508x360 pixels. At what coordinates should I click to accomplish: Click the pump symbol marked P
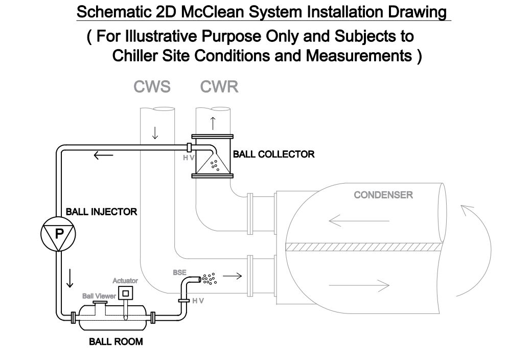click(x=58, y=234)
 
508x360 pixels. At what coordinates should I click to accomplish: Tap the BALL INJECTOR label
click(x=101, y=211)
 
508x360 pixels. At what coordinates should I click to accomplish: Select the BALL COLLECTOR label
click(x=273, y=154)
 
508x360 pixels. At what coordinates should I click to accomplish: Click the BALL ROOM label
click(x=116, y=342)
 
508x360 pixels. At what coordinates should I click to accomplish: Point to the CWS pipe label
click(x=152, y=87)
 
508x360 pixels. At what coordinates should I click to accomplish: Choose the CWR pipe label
click(x=220, y=87)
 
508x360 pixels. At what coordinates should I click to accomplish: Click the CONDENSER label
click(x=383, y=195)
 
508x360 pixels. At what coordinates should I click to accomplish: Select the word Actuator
click(x=125, y=281)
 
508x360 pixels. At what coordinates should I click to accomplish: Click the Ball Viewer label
click(x=99, y=296)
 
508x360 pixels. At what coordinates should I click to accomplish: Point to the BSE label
click(x=179, y=273)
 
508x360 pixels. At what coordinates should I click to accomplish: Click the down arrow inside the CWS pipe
click(x=155, y=133)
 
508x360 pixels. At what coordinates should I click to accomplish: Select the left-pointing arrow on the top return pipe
click(x=103, y=155)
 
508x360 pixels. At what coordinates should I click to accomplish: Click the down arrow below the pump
click(x=70, y=278)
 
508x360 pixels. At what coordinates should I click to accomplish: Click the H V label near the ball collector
click(x=189, y=159)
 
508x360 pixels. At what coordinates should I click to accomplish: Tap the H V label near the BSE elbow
click(x=198, y=301)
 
